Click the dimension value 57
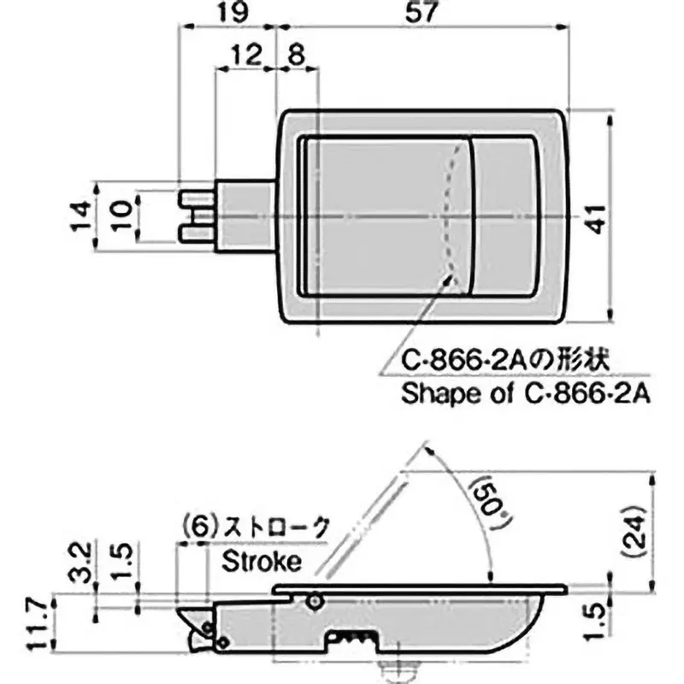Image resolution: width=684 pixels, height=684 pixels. (x=425, y=13)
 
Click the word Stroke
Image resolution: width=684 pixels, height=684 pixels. (x=262, y=562)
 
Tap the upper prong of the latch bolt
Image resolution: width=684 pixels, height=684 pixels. (x=195, y=199)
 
